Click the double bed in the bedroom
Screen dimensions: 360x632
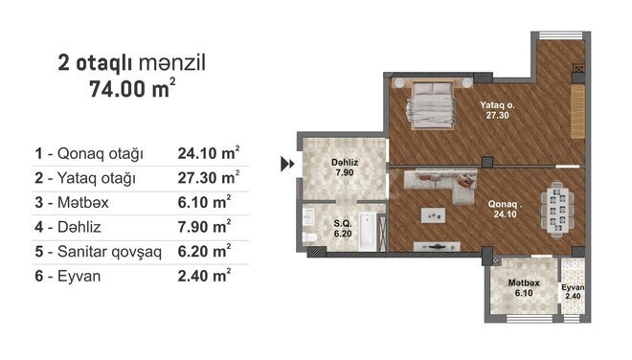pos(433,104)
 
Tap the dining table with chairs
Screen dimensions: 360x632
pos(557,205)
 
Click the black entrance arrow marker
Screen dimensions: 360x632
pos(286,164)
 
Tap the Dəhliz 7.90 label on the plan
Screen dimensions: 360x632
pos(345,169)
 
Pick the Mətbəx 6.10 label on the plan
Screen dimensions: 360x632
pos(523,287)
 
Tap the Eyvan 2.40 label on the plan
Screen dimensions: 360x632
pos(574,291)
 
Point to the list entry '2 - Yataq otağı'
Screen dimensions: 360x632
pos(85,177)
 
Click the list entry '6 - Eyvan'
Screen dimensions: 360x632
pos(68,276)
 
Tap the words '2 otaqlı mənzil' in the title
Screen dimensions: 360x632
pos(132,63)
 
